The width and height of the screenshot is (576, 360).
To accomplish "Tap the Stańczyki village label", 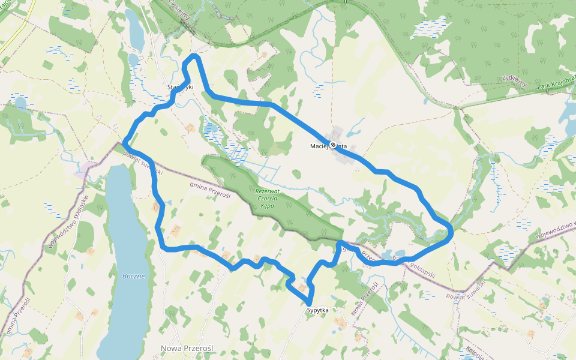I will [x=179, y=88].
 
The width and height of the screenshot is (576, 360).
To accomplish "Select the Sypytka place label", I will [x=318, y=310].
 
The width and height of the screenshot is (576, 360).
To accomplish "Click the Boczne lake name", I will [x=133, y=276].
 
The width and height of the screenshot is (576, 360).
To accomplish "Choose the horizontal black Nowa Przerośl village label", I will [x=188, y=349].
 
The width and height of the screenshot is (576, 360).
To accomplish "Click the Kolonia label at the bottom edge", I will [x=475, y=352].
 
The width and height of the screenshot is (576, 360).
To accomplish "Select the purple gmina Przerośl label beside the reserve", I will [x=210, y=191].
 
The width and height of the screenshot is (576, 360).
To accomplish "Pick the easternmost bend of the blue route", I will [x=450, y=231].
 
